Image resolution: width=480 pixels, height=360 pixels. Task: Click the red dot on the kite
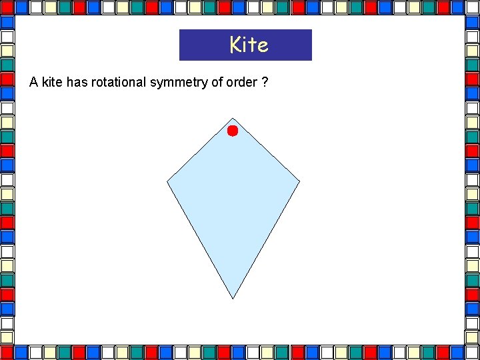[232, 131]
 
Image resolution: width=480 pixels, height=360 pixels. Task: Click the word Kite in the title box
[249, 45]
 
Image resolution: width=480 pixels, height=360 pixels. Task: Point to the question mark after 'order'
[265, 83]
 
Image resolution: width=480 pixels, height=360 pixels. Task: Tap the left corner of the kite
[168, 181]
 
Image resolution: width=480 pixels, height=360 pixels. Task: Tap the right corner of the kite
[299, 181]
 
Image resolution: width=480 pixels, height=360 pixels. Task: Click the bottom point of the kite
[233, 297]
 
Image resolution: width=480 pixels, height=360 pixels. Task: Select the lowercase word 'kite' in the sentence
[53, 83]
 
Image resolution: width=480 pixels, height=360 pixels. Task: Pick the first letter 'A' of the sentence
[33, 83]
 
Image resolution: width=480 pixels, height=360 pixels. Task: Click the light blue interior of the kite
[233, 200]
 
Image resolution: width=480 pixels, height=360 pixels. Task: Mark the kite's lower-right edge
[267, 239]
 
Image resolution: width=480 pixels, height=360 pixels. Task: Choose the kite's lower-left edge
[199, 239]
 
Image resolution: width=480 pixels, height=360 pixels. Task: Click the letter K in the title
[235, 45]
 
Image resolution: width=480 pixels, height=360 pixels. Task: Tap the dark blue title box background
[200, 45]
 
